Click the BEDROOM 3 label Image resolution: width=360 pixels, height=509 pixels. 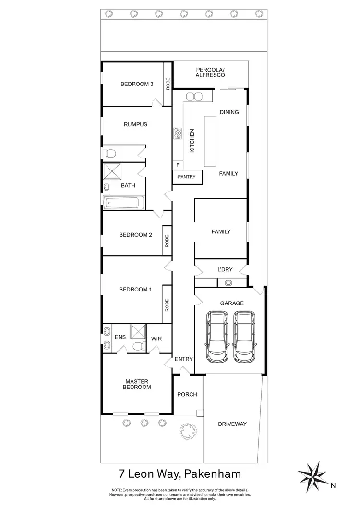pos(136,84)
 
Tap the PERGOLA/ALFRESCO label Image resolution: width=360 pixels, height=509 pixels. pos(210,73)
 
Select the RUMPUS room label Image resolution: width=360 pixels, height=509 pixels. pos(135,124)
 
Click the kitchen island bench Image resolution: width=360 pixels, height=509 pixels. pos(211,141)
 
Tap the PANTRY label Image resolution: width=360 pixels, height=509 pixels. pos(187,177)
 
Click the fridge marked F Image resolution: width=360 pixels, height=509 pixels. pos(178,165)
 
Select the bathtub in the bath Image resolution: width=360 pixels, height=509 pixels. pos(123,203)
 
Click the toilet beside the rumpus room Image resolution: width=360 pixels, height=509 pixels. pos(109,153)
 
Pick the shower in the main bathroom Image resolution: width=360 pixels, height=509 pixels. pos(113,171)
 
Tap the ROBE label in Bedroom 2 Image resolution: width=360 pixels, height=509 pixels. pos(168,241)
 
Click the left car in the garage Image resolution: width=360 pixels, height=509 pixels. pos(217,336)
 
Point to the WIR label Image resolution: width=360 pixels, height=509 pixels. pos(156,339)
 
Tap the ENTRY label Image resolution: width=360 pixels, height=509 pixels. pos(183,359)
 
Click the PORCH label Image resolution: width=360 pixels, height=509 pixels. pos(187,394)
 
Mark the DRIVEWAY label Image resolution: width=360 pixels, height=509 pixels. pos(232,424)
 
